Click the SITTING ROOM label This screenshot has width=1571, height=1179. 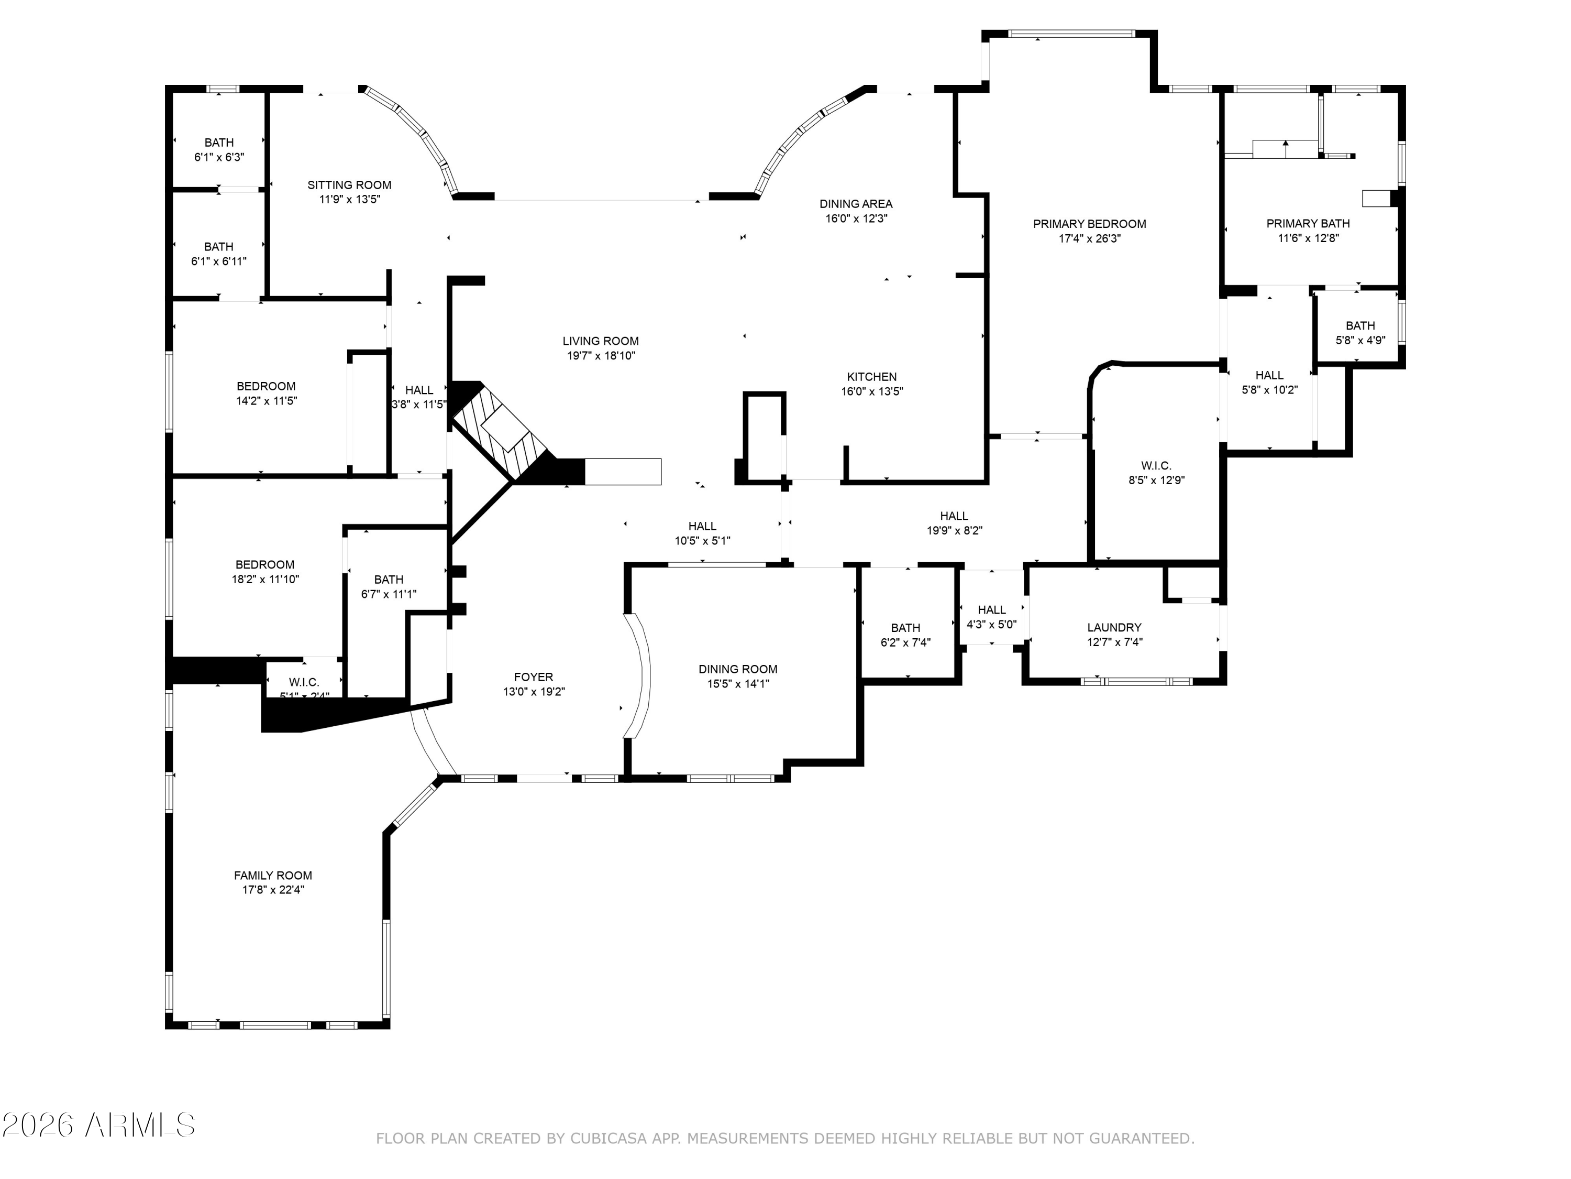pyautogui.click(x=349, y=185)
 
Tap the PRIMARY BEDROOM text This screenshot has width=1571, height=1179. pyautogui.click(x=1089, y=224)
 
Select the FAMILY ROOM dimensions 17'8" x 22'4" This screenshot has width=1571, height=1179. pyautogui.click(x=273, y=890)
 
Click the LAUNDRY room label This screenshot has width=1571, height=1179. pyautogui.click(x=1114, y=628)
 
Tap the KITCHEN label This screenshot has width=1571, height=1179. pyautogui.click(x=871, y=377)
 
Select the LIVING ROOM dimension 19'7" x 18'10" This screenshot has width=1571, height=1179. pyautogui.click(x=600, y=356)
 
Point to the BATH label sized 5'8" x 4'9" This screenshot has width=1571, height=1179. pyautogui.click(x=1360, y=325)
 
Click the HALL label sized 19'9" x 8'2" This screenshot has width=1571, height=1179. pyautogui.click(x=954, y=516)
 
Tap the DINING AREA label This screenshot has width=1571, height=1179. pyautogui.click(x=856, y=204)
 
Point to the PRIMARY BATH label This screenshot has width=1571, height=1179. pyautogui.click(x=1308, y=223)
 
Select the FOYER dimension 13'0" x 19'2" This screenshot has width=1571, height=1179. pyautogui.click(x=534, y=692)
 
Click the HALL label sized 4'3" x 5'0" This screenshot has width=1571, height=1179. pyautogui.click(x=991, y=610)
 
